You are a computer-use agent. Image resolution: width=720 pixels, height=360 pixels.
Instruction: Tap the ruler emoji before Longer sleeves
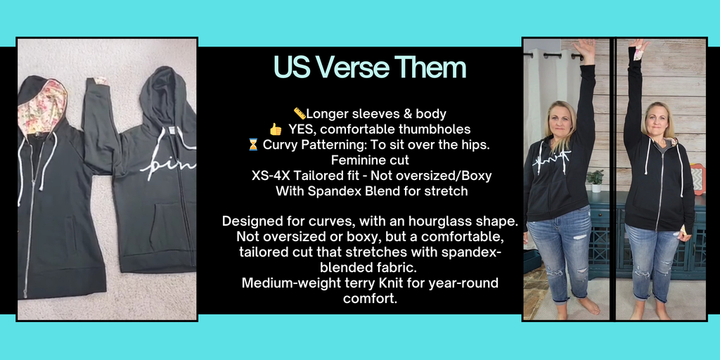(x=300, y=113)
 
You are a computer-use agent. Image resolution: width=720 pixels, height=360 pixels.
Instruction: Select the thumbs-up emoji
(x=276, y=129)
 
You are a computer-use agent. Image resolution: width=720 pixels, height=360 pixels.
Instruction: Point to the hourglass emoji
(x=253, y=145)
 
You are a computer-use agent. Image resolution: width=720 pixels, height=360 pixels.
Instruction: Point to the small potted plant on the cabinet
(x=596, y=181)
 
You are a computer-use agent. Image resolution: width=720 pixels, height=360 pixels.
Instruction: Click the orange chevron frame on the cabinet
(x=697, y=179)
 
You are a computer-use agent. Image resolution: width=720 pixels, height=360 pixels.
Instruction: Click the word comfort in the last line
(x=368, y=299)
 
